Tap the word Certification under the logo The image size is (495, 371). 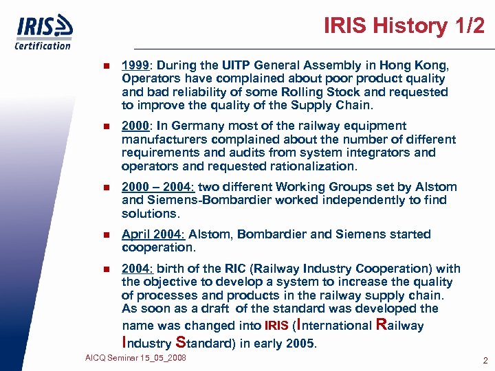tap(43, 45)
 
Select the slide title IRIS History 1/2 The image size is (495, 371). tap(404, 26)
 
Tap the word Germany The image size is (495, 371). tap(203, 126)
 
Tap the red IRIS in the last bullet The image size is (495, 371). tap(276, 326)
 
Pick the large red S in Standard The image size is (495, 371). tap(181, 342)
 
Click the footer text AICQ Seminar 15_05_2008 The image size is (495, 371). tap(135, 359)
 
